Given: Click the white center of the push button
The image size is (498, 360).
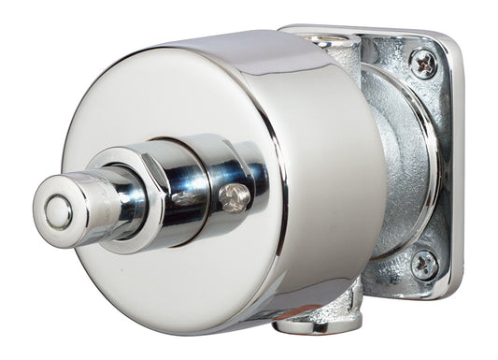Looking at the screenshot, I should pos(53,212).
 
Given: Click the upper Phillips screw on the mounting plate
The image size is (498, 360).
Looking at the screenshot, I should pos(423,65).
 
